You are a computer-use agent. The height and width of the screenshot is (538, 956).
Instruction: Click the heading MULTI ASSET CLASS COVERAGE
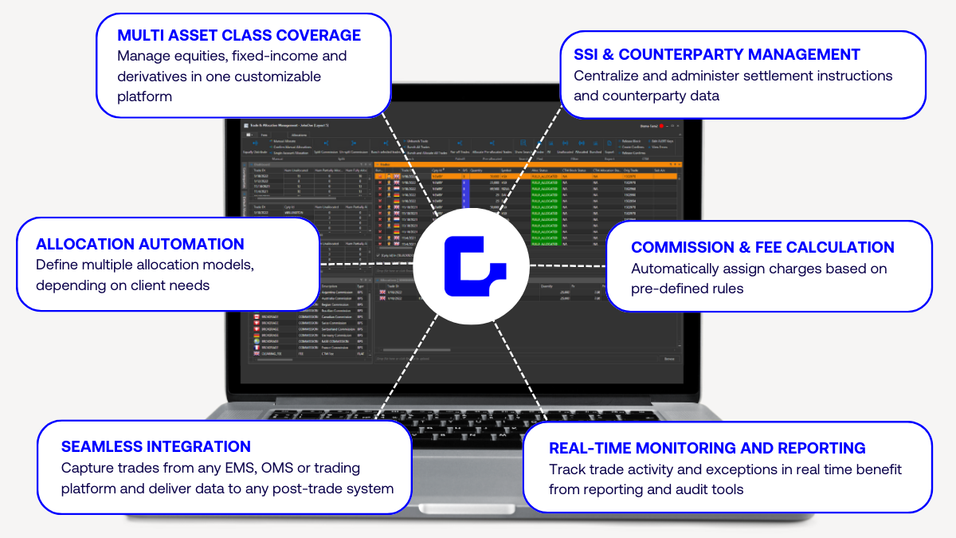(x=239, y=35)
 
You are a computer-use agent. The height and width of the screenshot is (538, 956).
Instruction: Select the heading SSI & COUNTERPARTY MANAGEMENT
(x=717, y=54)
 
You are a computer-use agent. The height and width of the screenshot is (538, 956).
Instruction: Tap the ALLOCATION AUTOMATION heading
(x=140, y=244)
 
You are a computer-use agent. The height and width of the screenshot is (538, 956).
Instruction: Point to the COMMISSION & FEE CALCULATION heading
(x=762, y=247)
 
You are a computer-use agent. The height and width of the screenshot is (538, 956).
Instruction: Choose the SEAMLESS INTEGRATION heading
(x=156, y=446)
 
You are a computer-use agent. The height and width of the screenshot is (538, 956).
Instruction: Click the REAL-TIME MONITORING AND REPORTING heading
(x=707, y=448)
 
